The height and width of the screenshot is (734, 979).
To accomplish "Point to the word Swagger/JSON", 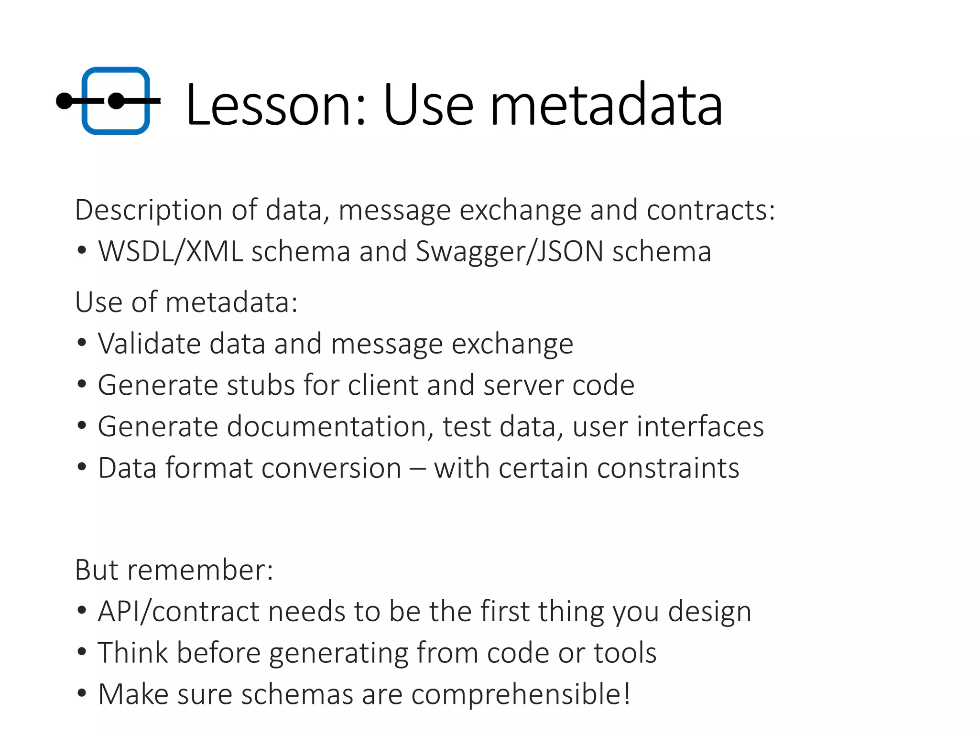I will point(509,252).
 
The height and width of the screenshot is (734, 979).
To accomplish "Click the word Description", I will point(149,210).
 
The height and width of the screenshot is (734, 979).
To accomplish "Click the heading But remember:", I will point(174,570).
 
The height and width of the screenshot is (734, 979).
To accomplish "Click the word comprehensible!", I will point(521,694).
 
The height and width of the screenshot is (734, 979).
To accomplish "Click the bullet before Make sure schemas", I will point(82,693).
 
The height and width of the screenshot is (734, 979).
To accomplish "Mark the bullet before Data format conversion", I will point(82,467).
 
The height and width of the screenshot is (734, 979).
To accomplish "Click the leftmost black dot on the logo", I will point(64,101).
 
